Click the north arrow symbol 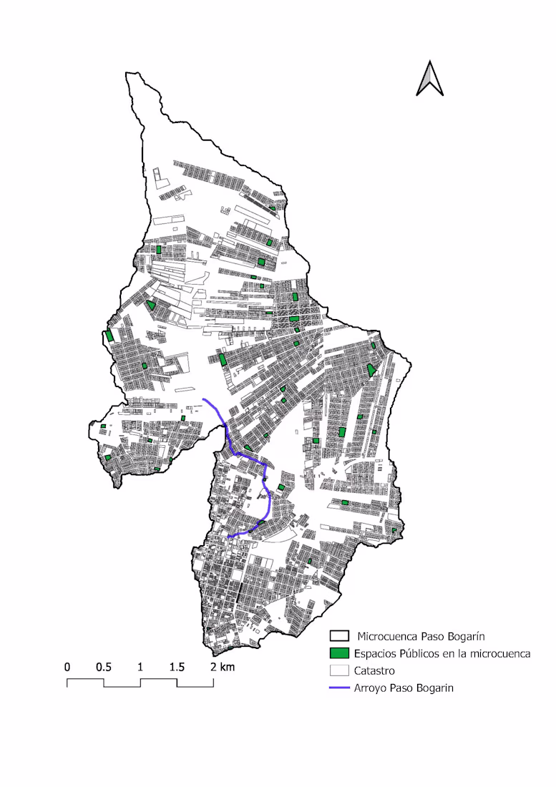[430, 79]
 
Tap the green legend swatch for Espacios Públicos [339, 653]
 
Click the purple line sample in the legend [339, 688]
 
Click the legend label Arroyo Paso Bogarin [404, 688]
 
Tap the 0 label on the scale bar [67, 667]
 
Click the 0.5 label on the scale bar [104, 667]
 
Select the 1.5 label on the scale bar [177, 667]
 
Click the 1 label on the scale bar [140, 667]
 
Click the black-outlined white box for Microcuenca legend [339, 635]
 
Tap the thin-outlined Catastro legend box [339, 671]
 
